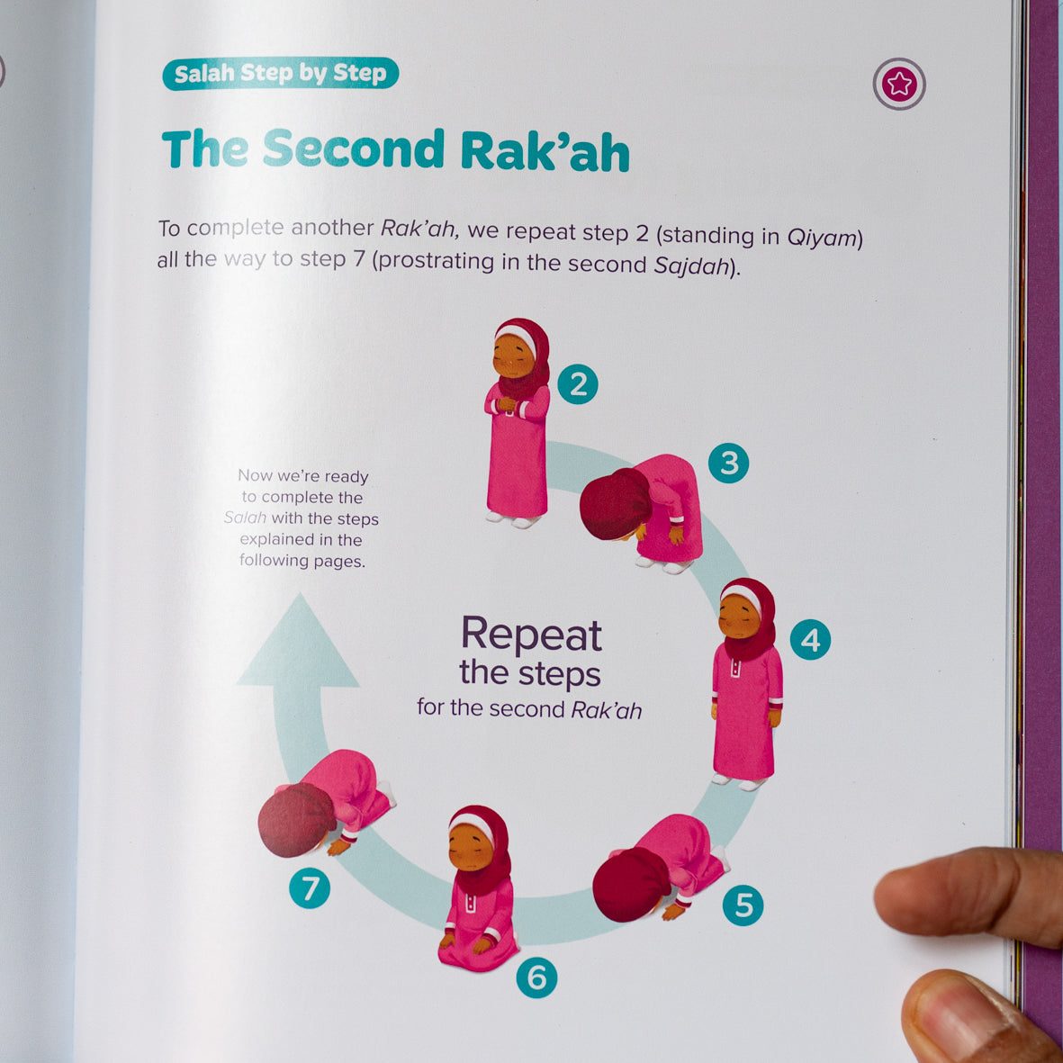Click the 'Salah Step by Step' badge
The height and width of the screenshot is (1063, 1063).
(x=280, y=73)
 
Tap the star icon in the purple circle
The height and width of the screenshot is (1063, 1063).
(x=899, y=84)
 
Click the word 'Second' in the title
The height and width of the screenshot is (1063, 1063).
(x=353, y=149)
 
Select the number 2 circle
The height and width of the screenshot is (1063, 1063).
(x=578, y=384)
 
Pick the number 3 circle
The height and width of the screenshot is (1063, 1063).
(x=728, y=463)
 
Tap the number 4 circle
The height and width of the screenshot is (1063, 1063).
(x=810, y=639)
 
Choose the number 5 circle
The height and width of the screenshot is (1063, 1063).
(x=743, y=905)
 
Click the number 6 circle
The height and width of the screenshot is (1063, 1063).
(x=536, y=977)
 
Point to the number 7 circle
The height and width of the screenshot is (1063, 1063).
(x=310, y=888)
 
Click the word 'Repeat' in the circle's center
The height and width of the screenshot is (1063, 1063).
(x=531, y=635)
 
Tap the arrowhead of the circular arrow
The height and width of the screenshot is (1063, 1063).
(x=298, y=641)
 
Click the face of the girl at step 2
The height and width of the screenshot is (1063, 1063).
(x=512, y=356)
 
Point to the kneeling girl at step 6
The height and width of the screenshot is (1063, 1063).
(x=479, y=888)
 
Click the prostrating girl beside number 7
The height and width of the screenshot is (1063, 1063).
(x=326, y=804)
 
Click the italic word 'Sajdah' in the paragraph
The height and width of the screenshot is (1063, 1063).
(x=691, y=266)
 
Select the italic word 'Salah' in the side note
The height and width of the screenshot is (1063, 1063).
(x=245, y=518)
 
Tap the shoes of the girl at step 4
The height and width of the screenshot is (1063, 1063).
(x=739, y=782)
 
